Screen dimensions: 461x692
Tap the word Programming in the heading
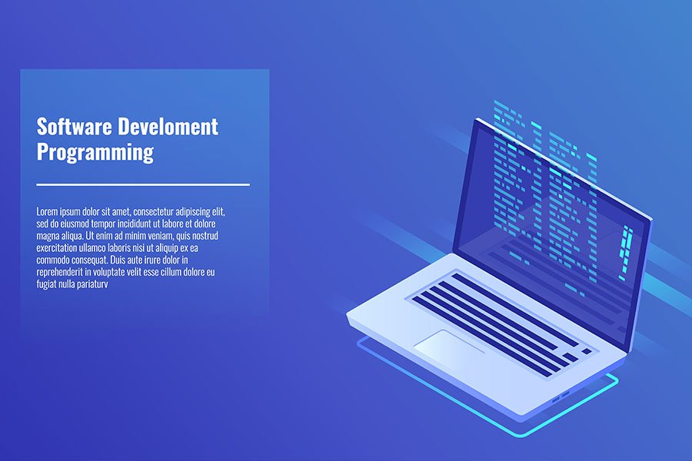click(95, 151)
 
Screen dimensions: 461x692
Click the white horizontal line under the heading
click(143, 184)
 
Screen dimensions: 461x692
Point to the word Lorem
click(46, 211)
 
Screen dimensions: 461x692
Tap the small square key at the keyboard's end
click(587, 350)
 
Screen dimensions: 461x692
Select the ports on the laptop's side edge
click(560, 395)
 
